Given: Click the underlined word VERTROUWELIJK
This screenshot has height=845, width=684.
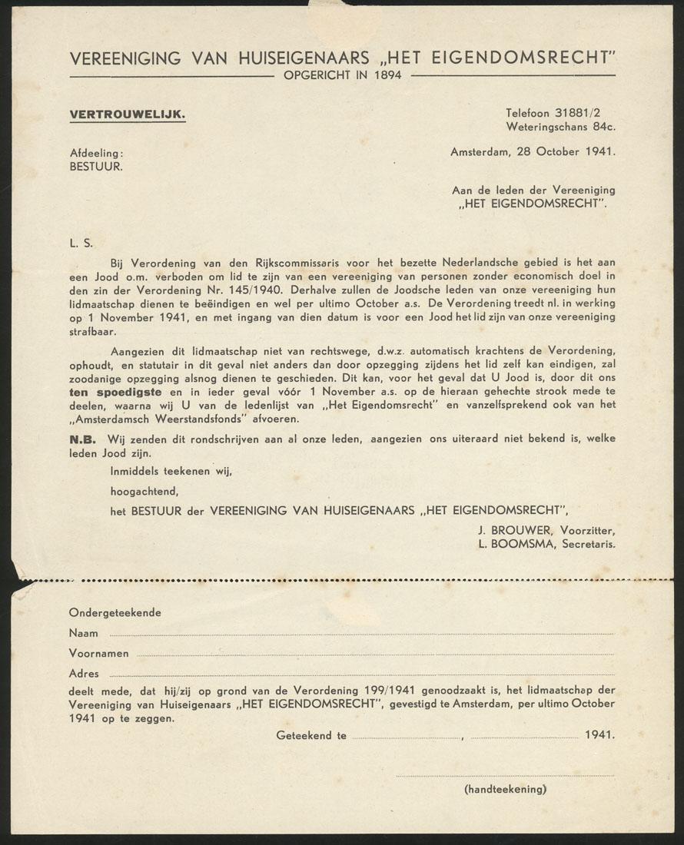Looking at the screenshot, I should [x=127, y=114].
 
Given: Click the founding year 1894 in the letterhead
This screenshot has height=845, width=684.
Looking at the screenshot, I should [x=390, y=75].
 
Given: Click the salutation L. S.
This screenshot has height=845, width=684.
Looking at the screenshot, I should [x=81, y=244].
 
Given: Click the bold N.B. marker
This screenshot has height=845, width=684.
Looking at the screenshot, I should [x=83, y=439].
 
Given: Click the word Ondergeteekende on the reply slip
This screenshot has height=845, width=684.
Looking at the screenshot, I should [x=115, y=613].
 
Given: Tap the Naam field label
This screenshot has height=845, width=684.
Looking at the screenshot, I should [x=84, y=633].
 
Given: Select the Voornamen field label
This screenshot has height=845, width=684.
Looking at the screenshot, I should [x=98, y=654].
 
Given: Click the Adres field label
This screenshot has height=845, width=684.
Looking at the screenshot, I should [x=84, y=674].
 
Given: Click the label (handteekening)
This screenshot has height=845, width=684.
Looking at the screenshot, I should [x=505, y=789].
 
